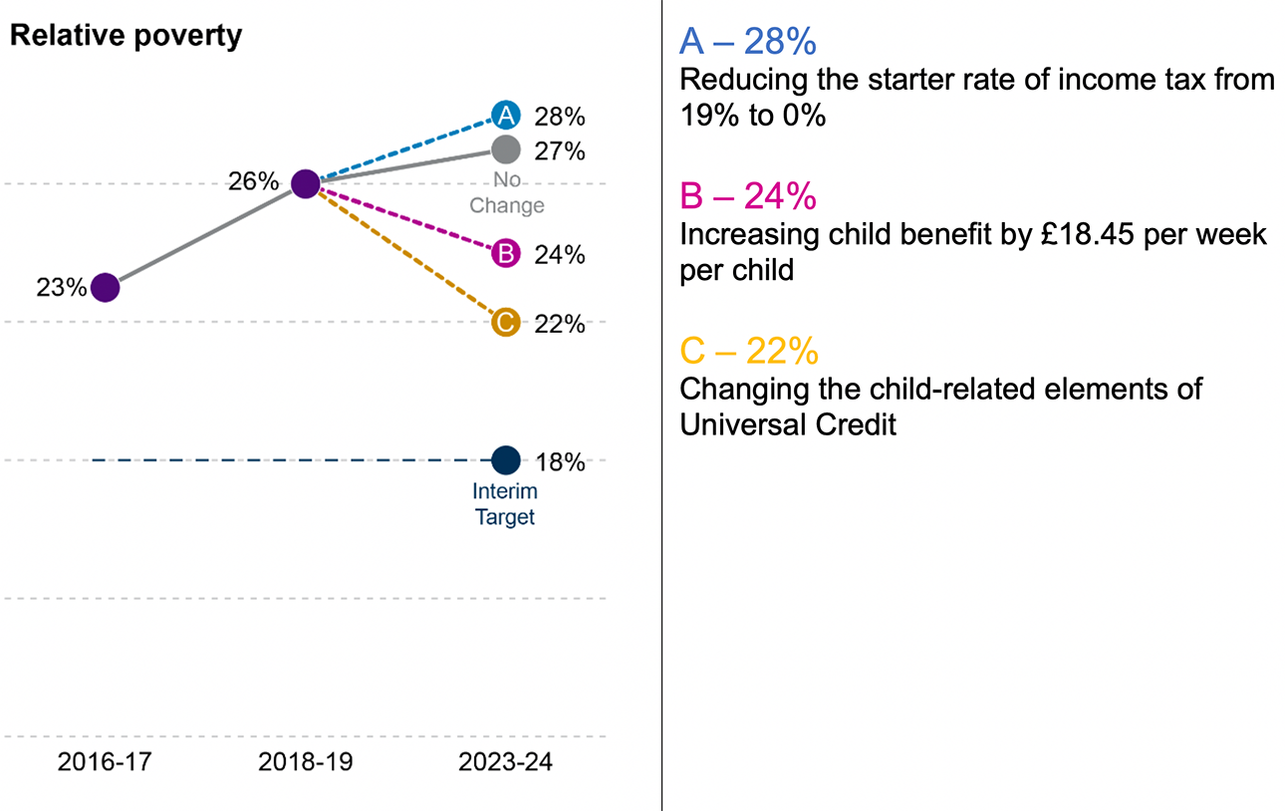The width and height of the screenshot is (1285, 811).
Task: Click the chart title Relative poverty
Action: [x=126, y=37]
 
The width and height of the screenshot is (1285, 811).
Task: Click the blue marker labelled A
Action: [x=506, y=117]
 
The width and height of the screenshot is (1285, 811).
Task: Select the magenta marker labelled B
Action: [x=506, y=254]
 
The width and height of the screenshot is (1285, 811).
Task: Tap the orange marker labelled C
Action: [x=506, y=323]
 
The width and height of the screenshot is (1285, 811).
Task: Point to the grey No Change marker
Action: [x=506, y=149]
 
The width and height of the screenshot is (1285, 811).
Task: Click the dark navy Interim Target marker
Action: [x=506, y=460]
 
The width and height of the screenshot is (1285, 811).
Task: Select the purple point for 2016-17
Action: [x=105, y=287]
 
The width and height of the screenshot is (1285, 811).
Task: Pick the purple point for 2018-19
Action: [x=305, y=183]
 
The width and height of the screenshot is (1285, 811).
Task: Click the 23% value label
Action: [x=62, y=288]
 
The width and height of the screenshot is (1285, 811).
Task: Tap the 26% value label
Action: [x=254, y=182]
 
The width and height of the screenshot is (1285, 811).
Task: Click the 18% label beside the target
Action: [x=559, y=462]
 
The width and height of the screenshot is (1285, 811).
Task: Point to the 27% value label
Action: [x=559, y=151]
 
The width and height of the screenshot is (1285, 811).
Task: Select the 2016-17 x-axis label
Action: [x=105, y=763]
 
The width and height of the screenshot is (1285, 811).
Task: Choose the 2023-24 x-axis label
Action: [x=505, y=763]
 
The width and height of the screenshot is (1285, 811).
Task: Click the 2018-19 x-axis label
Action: [x=305, y=763]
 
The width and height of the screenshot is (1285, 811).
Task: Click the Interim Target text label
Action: [x=505, y=504]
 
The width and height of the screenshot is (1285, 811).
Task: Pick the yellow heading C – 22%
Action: [x=749, y=351]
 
